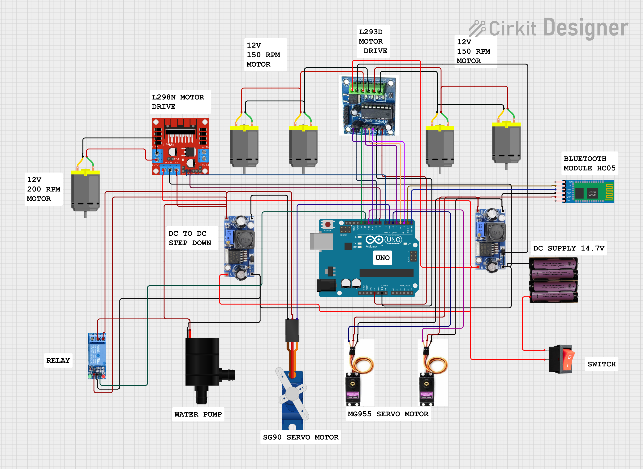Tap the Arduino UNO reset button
coord(328,225)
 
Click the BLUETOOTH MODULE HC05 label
coord(589,164)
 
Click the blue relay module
coord(97,356)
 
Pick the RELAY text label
coord(58,360)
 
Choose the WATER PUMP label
coord(198,414)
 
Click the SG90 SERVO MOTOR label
coord(301,437)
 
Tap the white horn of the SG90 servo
coord(292,394)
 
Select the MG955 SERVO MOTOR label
coord(388,414)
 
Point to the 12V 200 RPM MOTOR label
coord(43,189)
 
